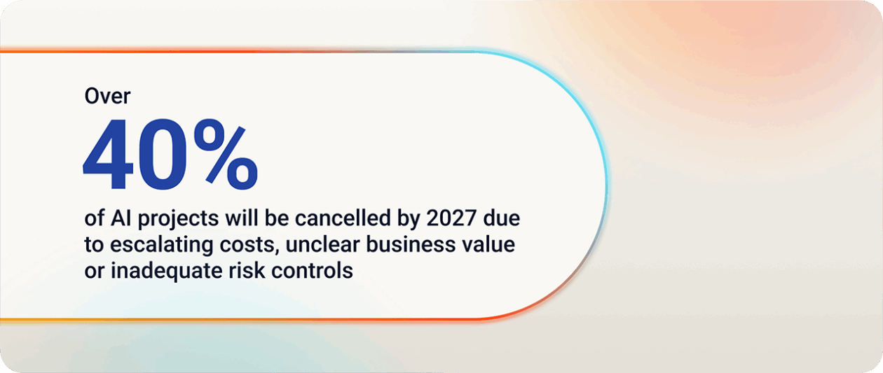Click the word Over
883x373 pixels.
tap(107, 96)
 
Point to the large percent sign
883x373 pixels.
tap(226, 154)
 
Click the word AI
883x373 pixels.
tap(121, 218)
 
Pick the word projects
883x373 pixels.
tap(178, 220)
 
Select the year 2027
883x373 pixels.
tap(451, 218)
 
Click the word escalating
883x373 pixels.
tap(162, 246)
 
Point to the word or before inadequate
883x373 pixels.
tap(94, 272)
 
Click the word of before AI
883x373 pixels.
tap(94, 218)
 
